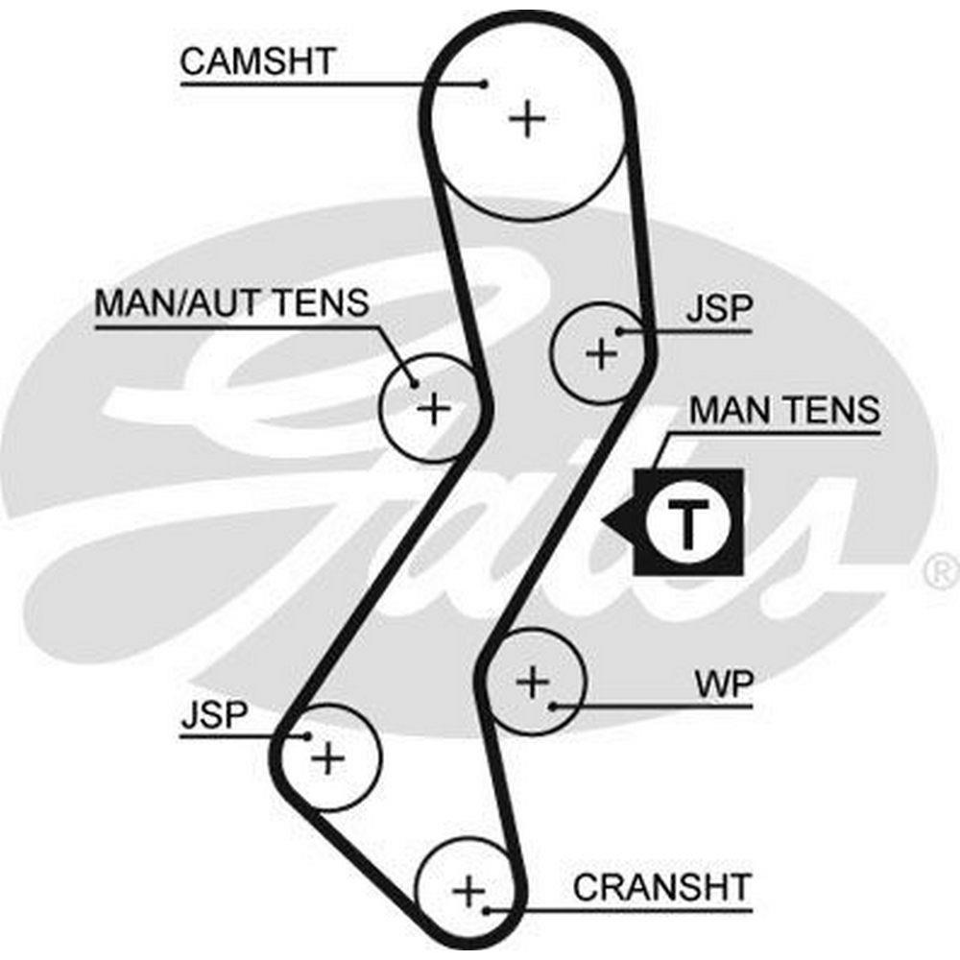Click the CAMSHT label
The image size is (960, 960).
(x=256, y=61)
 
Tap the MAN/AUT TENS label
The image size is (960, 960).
(x=231, y=303)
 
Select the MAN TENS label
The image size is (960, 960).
(x=784, y=410)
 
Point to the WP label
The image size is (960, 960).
(x=724, y=685)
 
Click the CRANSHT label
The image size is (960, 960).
(x=662, y=886)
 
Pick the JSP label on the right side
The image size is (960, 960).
(x=720, y=311)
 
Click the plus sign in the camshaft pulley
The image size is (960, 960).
(x=527, y=120)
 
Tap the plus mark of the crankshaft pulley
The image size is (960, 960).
(x=469, y=892)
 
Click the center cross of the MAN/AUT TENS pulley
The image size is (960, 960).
(x=434, y=409)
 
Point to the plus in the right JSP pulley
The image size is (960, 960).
(x=602, y=354)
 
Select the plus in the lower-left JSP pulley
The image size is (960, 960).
(x=328, y=758)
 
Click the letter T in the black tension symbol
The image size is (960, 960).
(x=687, y=522)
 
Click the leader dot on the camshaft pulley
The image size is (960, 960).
(x=486, y=84)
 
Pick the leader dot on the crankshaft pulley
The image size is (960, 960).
(x=489, y=908)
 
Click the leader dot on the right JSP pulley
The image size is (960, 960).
(x=621, y=332)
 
